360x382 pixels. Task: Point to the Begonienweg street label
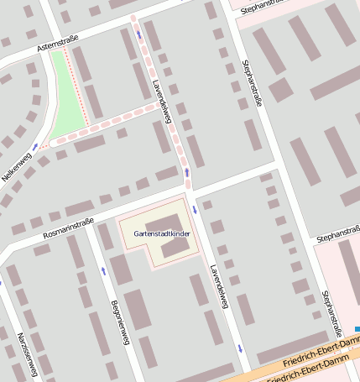point(119,322)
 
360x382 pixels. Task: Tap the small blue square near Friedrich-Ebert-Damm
point(357,329)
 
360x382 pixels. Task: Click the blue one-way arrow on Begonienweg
point(103,270)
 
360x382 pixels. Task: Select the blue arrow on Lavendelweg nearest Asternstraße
point(138,34)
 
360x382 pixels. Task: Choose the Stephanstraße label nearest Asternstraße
point(263,8)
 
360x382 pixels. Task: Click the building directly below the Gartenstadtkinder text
point(176,248)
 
